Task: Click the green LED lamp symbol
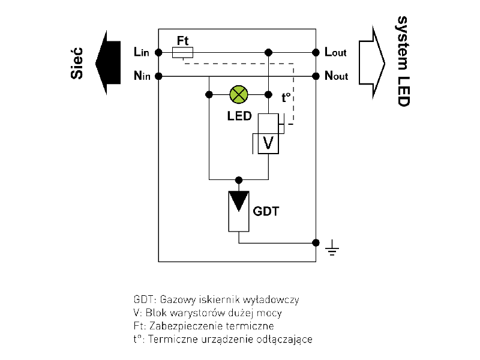pos(239,95)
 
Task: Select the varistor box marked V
pos(268,143)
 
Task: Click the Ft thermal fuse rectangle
pos(182,53)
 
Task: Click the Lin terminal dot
pos(158,53)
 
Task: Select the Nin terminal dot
pos(158,76)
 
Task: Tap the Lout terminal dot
pos(316,53)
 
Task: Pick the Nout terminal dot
pos(316,76)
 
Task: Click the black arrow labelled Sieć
pos(109,63)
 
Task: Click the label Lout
pos(335,53)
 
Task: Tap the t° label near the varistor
pos(286,96)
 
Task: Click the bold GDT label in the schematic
pos(266,211)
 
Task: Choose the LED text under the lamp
pos(239,116)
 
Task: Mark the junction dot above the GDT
pos(239,179)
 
